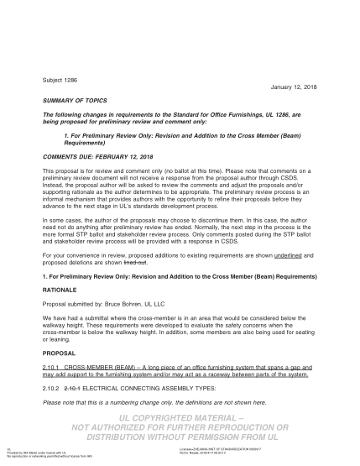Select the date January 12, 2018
tap(299, 87)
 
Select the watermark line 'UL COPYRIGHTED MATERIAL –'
tap(180, 417)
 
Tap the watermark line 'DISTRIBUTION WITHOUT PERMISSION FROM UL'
tap(180, 437)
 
